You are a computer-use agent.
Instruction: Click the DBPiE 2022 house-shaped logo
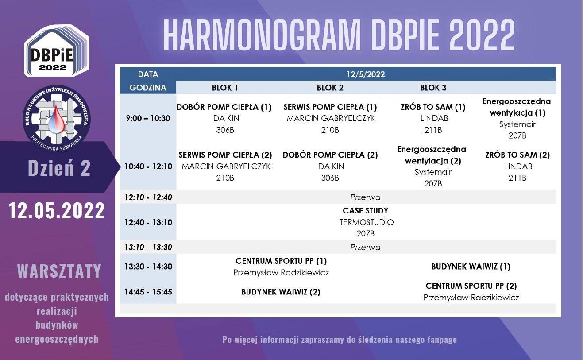point(57,51)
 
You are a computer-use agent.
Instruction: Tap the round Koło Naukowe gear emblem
point(57,119)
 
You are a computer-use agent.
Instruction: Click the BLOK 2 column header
point(330,88)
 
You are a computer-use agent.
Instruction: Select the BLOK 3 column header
point(433,88)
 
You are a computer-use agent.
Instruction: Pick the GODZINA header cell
point(148,88)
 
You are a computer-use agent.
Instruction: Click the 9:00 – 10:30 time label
point(148,118)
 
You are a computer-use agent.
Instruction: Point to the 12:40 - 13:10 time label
point(148,222)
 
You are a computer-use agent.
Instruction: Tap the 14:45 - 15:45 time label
point(148,292)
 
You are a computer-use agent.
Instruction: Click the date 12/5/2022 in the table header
point(365,74)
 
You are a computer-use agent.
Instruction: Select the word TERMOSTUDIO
point(366,222)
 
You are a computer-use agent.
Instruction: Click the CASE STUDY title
point(365,211)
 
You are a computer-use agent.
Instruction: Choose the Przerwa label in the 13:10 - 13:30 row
point(365,247)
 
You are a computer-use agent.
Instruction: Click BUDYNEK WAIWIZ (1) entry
point(471,267)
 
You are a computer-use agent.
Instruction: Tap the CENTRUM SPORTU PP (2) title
point(471,286)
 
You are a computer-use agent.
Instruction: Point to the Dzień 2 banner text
point(59,168)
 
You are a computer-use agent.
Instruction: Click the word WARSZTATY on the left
point(59,271)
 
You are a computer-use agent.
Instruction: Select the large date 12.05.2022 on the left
point(57,210)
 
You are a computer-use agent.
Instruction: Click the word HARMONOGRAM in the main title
point(262,35)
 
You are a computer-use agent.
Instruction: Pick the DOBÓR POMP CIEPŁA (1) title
point(224,107)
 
